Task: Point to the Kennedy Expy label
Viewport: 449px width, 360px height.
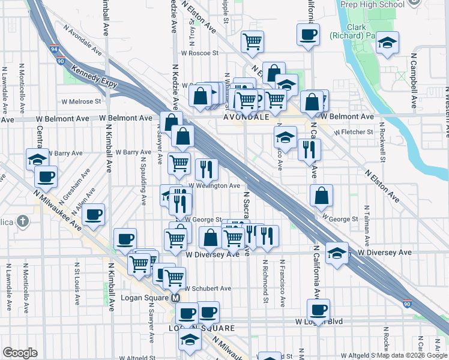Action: tap(94, 79)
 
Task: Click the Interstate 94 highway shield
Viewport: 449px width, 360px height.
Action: tap(54, 50)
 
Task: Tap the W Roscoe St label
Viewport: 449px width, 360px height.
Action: tap(199, 53)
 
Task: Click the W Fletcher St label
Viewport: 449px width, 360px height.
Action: tap(354, 131)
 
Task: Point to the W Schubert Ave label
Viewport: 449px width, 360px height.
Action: tap(207, 288)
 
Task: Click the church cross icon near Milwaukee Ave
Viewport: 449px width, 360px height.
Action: tap(23, 221)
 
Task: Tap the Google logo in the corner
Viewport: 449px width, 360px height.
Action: tap(20, 353)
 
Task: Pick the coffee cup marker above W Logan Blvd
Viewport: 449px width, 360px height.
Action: tap(318, 310)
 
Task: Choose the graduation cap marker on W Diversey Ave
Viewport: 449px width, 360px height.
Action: tap(337, 253)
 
